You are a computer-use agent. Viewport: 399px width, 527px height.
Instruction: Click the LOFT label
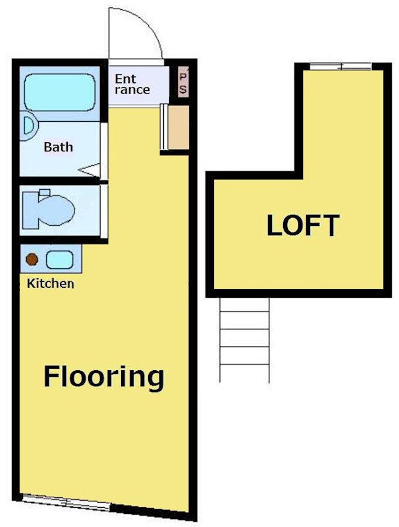303,225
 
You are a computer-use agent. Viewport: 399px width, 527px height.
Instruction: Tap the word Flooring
104,377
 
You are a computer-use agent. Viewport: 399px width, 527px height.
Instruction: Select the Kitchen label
51,283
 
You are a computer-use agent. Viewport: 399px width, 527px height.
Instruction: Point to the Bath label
58,147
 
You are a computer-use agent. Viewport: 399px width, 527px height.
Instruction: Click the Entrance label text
132,84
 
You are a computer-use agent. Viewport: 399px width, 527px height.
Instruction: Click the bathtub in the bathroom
60,92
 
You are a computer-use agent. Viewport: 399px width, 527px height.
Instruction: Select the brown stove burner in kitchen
32,259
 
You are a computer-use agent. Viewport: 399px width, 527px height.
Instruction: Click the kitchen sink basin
59,260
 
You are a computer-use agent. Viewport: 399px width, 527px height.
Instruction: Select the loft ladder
244,340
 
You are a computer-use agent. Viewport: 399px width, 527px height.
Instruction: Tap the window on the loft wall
340,67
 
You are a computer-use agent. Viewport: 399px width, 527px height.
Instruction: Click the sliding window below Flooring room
66,503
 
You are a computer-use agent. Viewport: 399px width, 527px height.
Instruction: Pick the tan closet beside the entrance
178,127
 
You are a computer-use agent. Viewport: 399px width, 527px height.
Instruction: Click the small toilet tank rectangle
44,192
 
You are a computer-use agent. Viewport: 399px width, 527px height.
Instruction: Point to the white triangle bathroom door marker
90,170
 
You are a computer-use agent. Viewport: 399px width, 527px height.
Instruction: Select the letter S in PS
183,90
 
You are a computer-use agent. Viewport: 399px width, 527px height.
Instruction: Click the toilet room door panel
104,211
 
